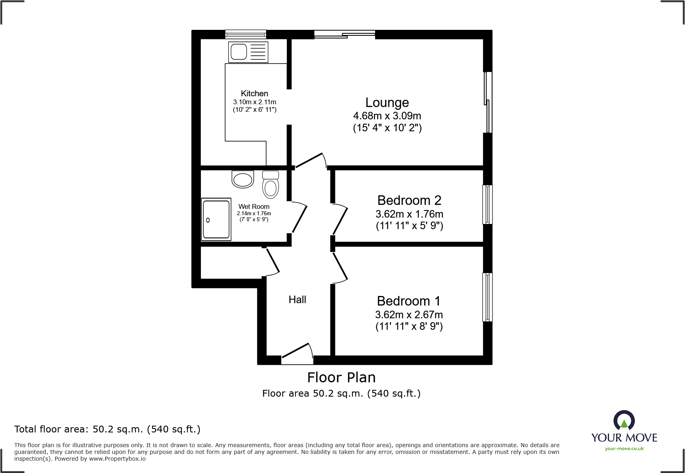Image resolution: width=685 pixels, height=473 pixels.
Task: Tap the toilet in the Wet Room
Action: coord(270,185)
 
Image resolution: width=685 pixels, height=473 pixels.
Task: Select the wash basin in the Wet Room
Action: coord(243,179)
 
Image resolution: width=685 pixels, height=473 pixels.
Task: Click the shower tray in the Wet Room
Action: coord(216,220)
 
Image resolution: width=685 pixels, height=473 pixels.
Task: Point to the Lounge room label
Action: coord(387,103)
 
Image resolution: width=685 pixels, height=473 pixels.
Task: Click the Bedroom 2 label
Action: coord(409,200)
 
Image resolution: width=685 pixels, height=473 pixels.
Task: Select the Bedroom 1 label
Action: coord(409,301)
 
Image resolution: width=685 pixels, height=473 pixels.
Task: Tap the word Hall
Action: coord(297,300)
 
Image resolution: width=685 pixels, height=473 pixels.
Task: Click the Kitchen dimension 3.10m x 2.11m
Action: coord(255,102)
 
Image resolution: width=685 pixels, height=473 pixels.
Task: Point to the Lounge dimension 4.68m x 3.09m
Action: coord(387,116)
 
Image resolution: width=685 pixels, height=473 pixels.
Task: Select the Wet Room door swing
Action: coord(299,218)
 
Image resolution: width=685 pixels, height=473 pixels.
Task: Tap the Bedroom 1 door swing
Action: coord(341,268)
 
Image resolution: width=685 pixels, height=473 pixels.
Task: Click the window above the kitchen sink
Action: coord(245,34)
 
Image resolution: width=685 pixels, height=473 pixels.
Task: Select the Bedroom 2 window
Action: coord(487,204)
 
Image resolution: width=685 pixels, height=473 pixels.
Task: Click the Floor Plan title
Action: coord(341,377)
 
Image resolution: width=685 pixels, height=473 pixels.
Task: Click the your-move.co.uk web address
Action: coord(624,449)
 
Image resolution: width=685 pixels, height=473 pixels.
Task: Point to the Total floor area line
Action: coord(107,429)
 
